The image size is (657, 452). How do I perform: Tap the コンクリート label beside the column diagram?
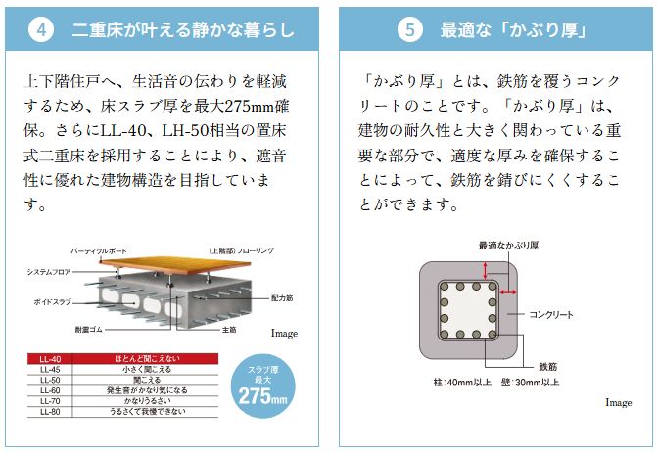(x=551, y=314)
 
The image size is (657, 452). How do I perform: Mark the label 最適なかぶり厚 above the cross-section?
(x=508, y=245)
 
